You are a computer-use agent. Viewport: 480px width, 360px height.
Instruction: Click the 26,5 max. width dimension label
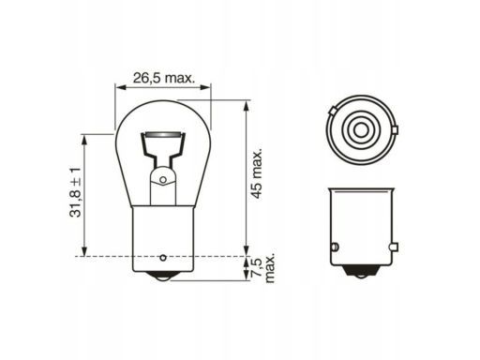[x=164, y=78]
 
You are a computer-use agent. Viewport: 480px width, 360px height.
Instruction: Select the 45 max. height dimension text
[x=257, y=174]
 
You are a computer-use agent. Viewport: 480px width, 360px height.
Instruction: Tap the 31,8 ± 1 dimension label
[x=75, y=192]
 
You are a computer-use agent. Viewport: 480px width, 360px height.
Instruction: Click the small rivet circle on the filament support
[x=163, y=180]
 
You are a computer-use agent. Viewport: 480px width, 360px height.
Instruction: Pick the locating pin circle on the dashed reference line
[x=162, y=258]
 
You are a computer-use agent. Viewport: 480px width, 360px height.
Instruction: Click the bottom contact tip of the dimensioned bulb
[x=162, y=277]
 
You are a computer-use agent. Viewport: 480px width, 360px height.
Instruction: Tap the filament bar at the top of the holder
[x=163, y=135]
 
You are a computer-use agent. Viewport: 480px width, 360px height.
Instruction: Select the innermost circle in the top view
[x=362, y=129]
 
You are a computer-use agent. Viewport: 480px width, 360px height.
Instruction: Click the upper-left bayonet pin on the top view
[x=333, y=111]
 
